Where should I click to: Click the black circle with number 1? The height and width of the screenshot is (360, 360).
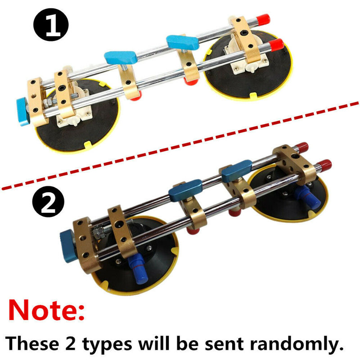tap(51, 25)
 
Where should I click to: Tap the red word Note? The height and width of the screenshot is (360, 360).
tap(46, 310)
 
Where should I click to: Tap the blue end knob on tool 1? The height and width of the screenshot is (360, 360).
tap(22, 111)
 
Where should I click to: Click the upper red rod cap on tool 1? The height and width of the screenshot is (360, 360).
tap(263, 19)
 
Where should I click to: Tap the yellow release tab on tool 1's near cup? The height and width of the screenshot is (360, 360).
tap(88, 145)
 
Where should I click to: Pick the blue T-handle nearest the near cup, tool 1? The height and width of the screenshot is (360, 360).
tap(120, 58)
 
